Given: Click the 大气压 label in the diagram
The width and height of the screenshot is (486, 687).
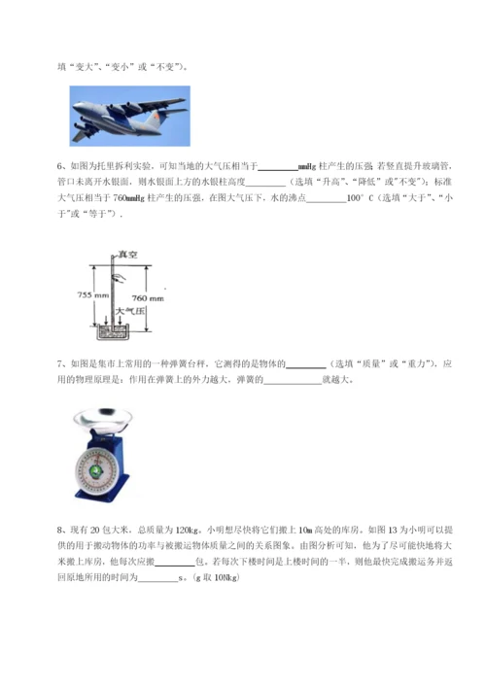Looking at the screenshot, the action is [127, 313].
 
